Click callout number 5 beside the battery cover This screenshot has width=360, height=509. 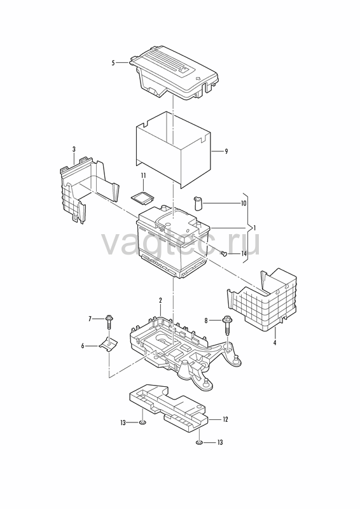pyautogui.click(x=113, y=62)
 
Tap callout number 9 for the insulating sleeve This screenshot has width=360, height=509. pyautogui.click(x=226, y=151)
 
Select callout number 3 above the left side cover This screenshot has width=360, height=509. pyautogui.click(x=74, y=149)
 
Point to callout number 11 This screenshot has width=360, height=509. pyautogui.click(x=143, y=176)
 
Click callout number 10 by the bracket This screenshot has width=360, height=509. pyautogui.click(x=244, y=203)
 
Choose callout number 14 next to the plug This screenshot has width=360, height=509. pyautogui.click(x=244, y=253)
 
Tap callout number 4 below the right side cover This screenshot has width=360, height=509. pyautogui.click(x=275, y=342)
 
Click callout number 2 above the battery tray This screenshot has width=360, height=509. pyautogui.click(x=160, y=300)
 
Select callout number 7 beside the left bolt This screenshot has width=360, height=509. pyautogui.click(x=90, y=319)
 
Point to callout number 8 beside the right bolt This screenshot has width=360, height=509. pyautogui.click(x=206, y=321)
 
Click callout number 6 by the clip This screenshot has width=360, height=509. pyautogui.click(x=83, y=346)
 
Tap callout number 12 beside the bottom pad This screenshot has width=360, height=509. pyautogui.click(x=225, y=419)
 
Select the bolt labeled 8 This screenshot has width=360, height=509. pyautogui.click(x=227, y=325)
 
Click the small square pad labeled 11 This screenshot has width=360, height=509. pyautogui.click(x=142, y=199)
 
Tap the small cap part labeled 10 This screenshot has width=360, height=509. pyautogui.click(x=198, y=203)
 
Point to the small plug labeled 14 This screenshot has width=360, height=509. pyautogui.click(x=224, y=253)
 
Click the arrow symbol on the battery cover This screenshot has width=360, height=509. pyautogui.click(x=198, y=78)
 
